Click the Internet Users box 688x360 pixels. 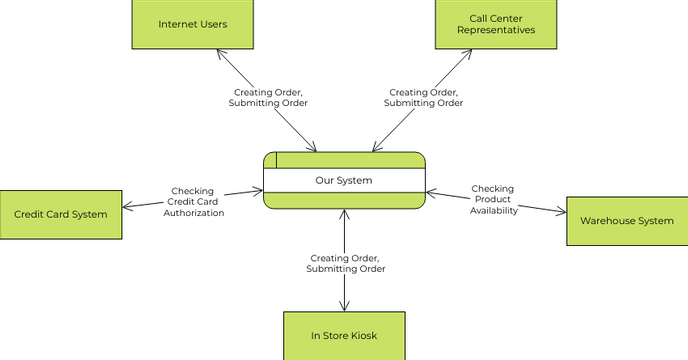pyautogui.click(x=193, y=23)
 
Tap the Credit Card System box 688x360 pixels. pyautogui.click(x=61, y=214)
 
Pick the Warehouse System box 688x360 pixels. pyautogui.click(x=627, y=221)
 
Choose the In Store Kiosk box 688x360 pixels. pyautogui.click(x=344, y=335)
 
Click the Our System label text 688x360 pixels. pyautogui.click(x=344, y=181)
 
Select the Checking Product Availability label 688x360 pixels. pyautogui.click(x=493, y=199)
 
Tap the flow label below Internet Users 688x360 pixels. pyautogui.click(x=268, y=97)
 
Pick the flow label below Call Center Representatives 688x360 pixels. pyautogui.click(x=423, y=97)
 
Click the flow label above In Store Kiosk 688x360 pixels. pyautogui.click(x=345, y=263)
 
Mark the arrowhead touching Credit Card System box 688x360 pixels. pyautogui.click(x=127, y=208)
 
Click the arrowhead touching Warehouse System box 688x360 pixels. pyautogui.click(x=561, y=211)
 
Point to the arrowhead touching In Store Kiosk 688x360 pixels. pyautogui.click(x=345, y=307)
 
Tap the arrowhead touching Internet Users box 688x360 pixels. pyautogui.click(x=220, y=52)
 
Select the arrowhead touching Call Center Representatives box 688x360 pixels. pyautogui.click(x=468, y=52)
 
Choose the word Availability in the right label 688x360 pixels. pyautogui.click(x=493, y=210)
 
